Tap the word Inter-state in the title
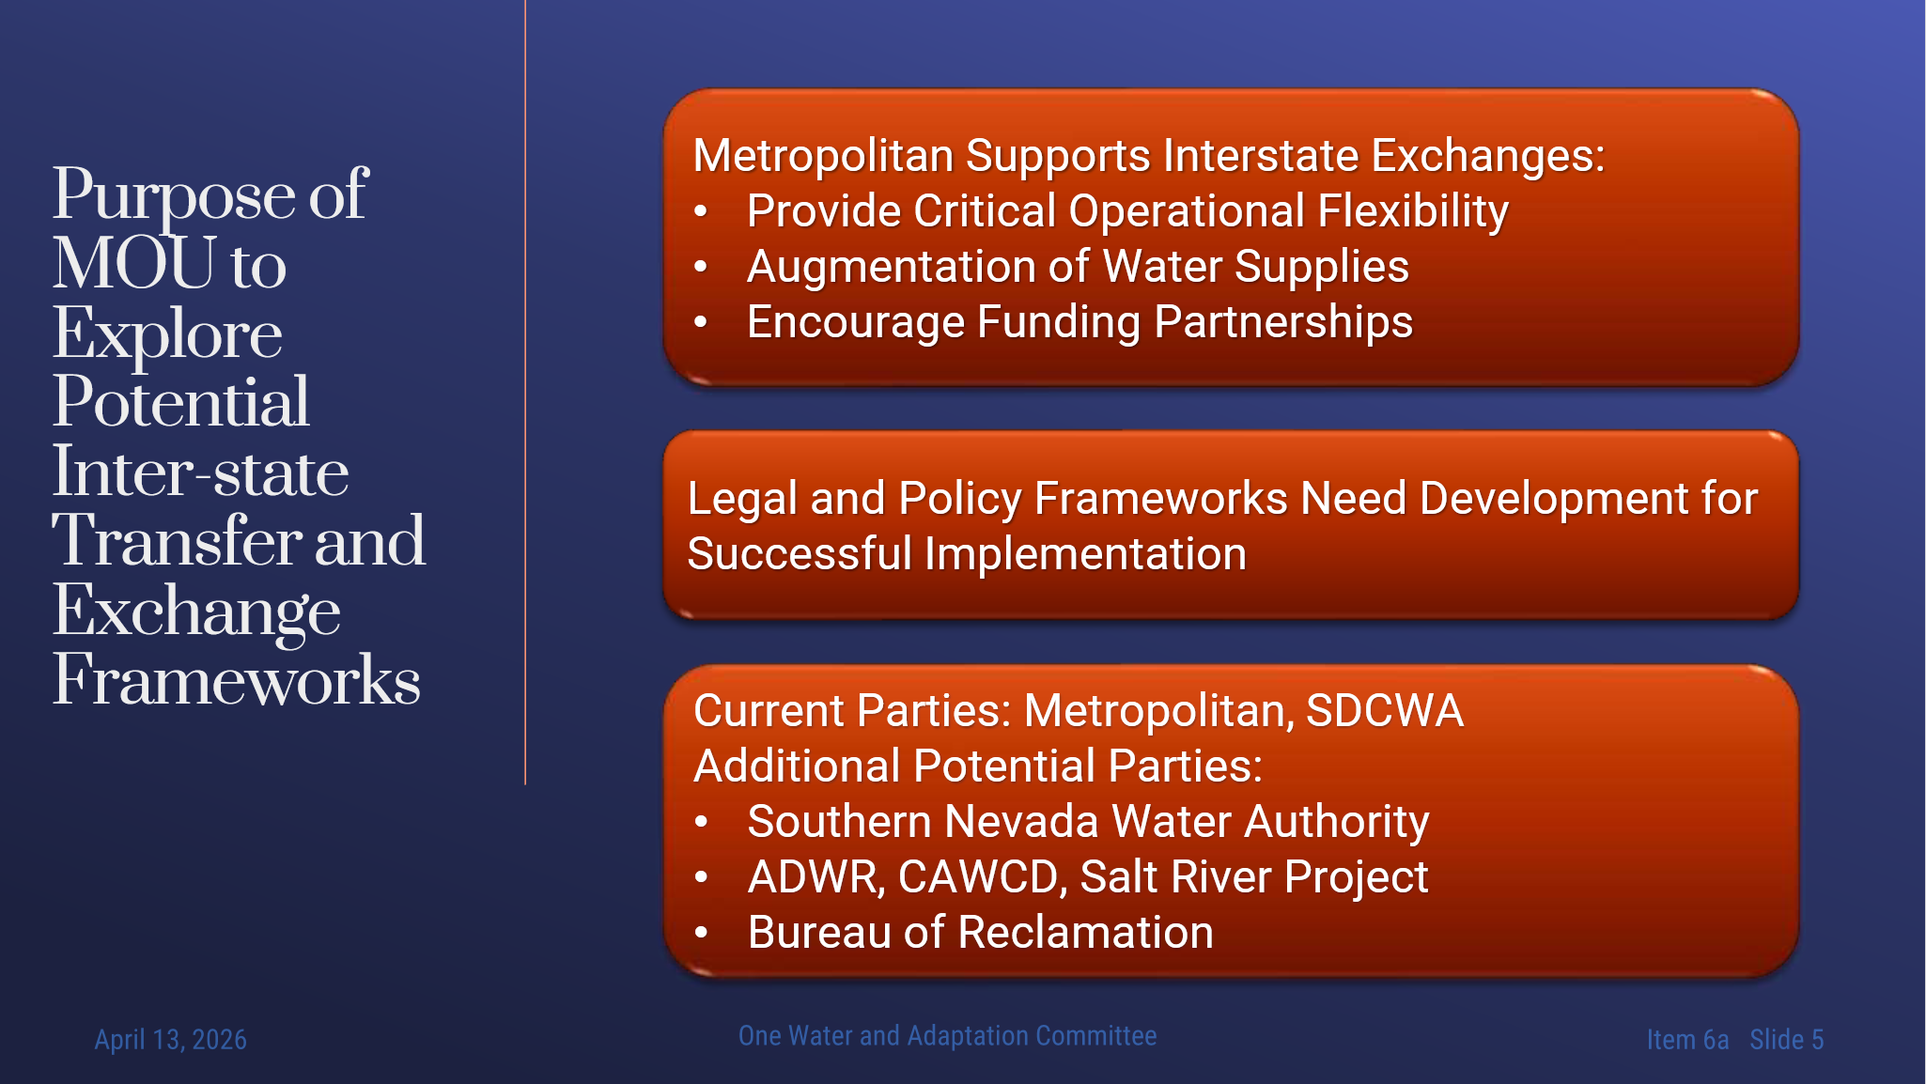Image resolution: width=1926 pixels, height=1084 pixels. tap(200, 472)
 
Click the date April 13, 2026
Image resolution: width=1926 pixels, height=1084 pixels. tap(170, 1039)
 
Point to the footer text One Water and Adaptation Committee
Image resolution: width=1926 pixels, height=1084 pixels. tap(947, 1035)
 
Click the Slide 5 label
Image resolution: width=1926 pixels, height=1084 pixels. tap(1786, 1039)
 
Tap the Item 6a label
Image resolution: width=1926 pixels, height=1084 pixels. tap(1687, 1039)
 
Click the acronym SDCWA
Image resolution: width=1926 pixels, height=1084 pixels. tap(1384, 710)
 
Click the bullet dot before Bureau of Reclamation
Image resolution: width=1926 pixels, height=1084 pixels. tap(701, 933)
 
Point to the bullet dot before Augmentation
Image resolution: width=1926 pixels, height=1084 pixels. tap(700, 267)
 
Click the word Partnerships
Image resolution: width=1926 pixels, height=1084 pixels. tap(1282, 322)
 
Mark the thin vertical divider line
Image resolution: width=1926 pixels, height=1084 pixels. tap(525, 392)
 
